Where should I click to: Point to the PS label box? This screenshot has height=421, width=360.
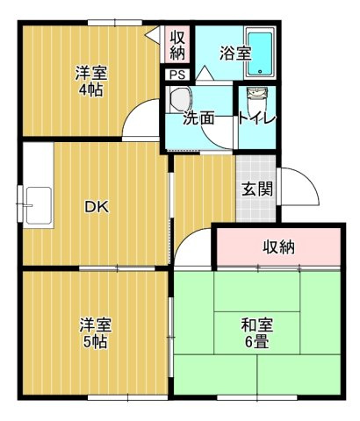(177, 74)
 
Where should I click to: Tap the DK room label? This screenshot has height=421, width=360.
(96, 207)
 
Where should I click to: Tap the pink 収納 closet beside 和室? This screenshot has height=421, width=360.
(279, 247)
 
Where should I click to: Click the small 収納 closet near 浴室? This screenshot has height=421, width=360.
(177, 43)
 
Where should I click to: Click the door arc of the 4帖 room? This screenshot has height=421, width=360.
(140, 123)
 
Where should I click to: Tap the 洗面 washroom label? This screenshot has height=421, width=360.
(198, 118)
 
